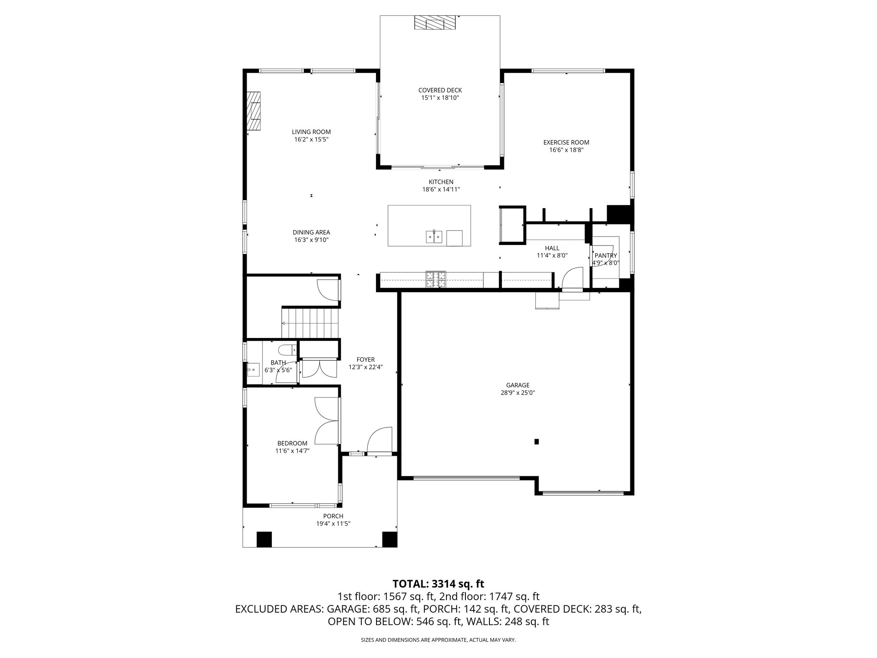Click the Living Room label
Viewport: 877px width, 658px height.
point(311,132)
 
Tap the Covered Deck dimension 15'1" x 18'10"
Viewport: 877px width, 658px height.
point(440,98)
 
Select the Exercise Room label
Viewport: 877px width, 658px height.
point(566,143)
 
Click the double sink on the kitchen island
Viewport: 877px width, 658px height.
point(434,236)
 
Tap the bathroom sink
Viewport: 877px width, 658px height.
point(253,369)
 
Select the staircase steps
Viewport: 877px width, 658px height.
point(310,323)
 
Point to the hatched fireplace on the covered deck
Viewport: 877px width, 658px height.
point(435,23)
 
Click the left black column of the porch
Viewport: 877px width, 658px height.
point(264,539)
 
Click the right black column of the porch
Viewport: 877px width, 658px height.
point(389,539)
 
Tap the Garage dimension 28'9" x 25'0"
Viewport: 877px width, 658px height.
point(518,392)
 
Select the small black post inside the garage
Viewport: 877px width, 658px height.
point(536,442)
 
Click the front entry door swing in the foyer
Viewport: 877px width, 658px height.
point(380,440)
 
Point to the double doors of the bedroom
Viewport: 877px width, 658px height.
point(327,421)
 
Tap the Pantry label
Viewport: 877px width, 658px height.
point(606,256)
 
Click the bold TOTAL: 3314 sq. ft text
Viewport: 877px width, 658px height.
point(438,583)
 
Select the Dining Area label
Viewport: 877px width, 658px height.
point(311,233)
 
